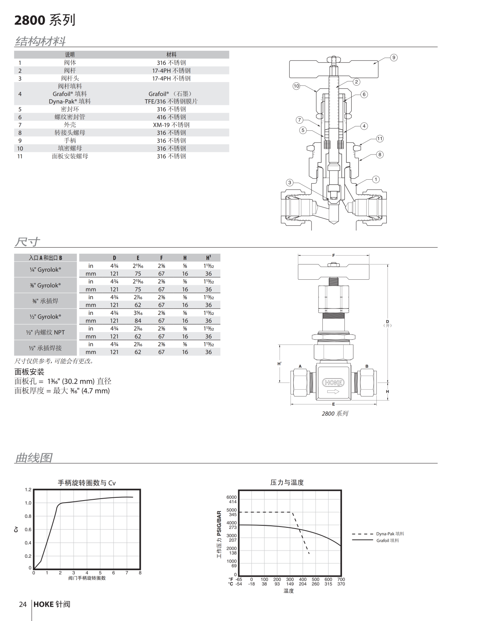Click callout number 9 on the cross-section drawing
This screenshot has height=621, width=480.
[394, 58]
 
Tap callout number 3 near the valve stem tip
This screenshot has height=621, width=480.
[290, 182]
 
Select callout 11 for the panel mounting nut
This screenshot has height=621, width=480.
[380, 138]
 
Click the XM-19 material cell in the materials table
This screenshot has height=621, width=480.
[171, 125]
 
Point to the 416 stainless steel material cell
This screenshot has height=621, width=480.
[171, 117]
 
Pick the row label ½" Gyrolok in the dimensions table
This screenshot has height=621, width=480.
[46, 317]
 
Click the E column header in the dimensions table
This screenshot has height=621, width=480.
[138, 258]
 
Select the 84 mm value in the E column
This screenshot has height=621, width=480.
[138, 321]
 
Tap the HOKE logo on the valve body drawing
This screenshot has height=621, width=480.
[333, 383]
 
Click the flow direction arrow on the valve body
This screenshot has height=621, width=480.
[333, 391]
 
